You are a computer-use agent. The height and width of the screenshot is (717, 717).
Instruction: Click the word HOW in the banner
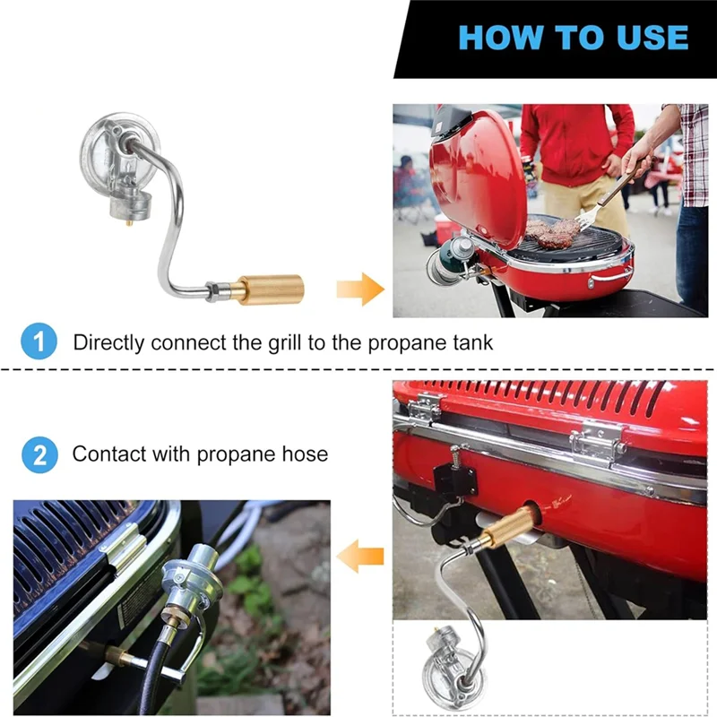coord(500,37)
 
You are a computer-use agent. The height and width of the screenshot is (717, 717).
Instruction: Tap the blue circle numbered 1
coord(39,341)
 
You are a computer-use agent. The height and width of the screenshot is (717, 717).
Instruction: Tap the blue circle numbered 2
coord(39,454)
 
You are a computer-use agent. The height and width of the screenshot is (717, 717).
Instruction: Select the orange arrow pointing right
coord(360,289)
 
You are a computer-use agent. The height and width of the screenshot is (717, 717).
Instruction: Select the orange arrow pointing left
coord(360,556)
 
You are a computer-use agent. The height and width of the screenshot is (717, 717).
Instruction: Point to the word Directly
coord(108,343)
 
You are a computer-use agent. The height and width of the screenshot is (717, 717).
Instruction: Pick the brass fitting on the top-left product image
coord(267,289)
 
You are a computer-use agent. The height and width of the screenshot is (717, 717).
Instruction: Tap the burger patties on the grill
coord(553,232)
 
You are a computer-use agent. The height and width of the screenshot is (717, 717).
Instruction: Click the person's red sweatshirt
coord(577,144)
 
